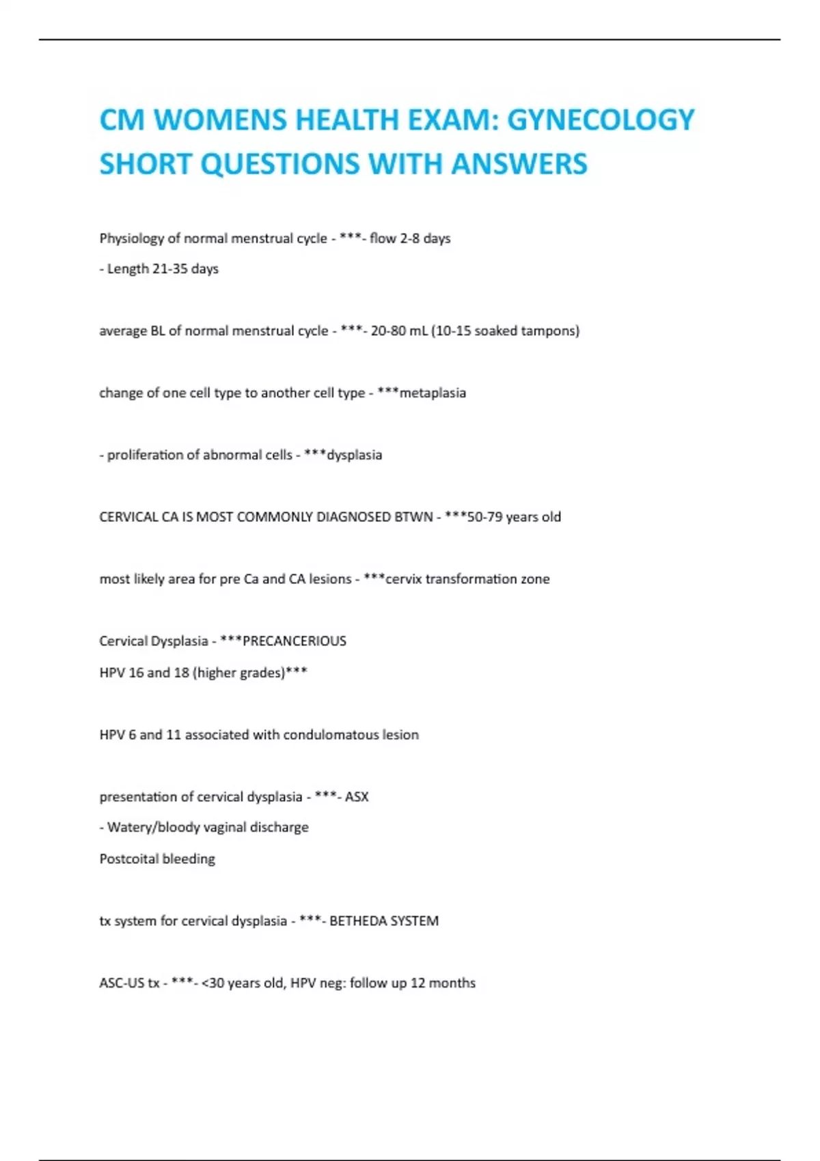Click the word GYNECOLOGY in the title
(x=601, y=120)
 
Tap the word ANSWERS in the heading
(x=519, y=164)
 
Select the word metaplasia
(x=433, y=393)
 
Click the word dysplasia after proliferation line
(x=354, y=455)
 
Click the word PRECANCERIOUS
(x=294, y=641)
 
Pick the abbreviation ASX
(x=357, y=797)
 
